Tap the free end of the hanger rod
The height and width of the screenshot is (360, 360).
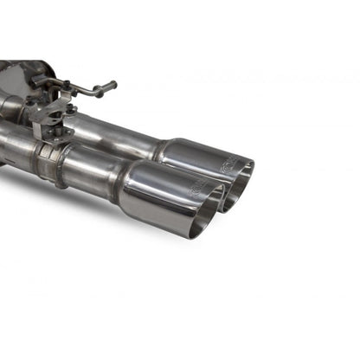click(112, 87)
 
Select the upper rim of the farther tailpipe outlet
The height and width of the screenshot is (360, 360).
click(245, 162)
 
